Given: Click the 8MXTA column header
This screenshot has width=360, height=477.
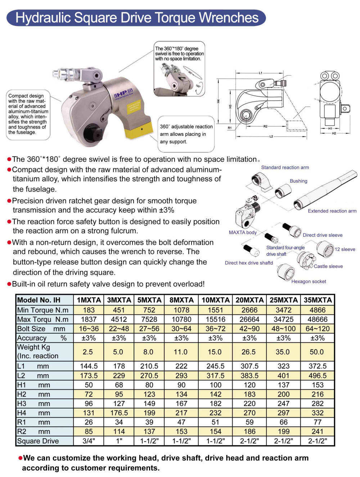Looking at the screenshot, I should [x=181, y=300].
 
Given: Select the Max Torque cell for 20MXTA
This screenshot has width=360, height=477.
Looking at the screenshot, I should [x=249, y=320].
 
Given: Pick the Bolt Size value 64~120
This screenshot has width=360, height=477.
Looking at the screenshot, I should [x=318, y=329].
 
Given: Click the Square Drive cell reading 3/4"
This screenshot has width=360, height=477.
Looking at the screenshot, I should [x=89, y=441].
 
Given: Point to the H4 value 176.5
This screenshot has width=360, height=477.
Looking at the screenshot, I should [x=119, y=413].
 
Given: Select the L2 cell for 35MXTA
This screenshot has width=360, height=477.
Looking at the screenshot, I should [x=318, y=376].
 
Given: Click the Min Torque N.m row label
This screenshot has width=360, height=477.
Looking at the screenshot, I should [x=43, y=310].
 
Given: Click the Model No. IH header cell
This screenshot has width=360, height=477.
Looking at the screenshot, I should [x=39, y=300].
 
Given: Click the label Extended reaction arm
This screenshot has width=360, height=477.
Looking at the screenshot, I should [x=332, y=211].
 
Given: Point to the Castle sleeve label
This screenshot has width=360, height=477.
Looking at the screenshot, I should [x=328, y=267].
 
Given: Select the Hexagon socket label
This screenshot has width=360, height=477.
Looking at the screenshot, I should [x=309, y=282].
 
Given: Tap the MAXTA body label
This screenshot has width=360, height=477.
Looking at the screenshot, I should [x=243, y=233].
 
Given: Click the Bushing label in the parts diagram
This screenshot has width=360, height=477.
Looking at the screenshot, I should [x=298, y=181].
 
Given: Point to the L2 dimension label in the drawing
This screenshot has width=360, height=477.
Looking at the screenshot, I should [x=271, y=137].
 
